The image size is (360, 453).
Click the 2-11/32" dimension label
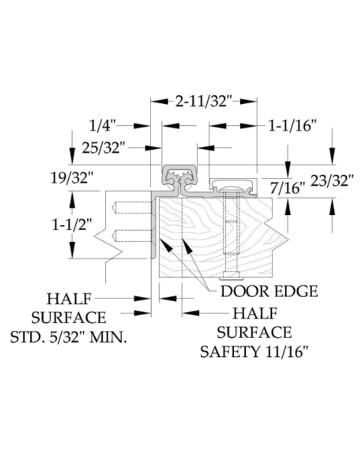[204, 101]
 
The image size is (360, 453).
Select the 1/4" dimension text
[103, 126]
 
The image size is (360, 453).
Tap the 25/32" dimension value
[103, 147]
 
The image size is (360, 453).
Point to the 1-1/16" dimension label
[292, 126]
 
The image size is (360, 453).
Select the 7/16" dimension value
[288, 188]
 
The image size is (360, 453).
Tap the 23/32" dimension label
[332, 180]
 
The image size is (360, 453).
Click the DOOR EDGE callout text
[269, 292]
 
